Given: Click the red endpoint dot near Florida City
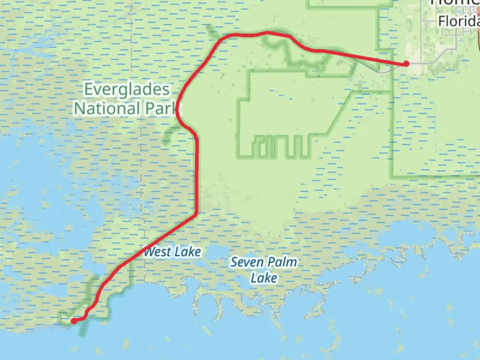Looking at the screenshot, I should [x=406, y=63].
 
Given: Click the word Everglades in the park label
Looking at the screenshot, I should [x=127, y=90].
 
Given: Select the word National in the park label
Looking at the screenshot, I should [x=107, y=109].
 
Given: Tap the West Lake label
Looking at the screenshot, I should [x=172, y=252].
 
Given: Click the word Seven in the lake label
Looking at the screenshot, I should [x=245, y=262].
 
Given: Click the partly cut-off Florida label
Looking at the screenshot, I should [x=458, y=21].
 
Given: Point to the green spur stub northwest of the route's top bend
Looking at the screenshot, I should [x=211, y=31].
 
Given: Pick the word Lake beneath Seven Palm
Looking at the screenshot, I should [x=264, y=278].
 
